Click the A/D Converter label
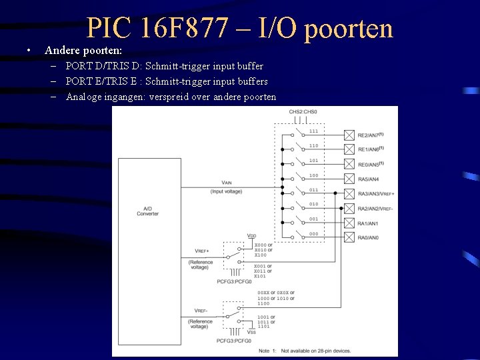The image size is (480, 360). (147, 211)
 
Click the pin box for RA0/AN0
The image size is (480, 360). (349, 237)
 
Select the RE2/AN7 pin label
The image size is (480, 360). (371, 135)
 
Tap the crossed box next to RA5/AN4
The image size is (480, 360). (349, 179)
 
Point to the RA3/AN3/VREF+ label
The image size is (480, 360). (376, 194)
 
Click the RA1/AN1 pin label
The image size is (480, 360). (367, 223)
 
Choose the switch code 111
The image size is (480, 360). (313, 131)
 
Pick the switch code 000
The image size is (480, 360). (313, 234)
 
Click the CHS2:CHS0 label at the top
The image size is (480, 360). (303, 112)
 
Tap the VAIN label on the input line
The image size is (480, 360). (227, 183)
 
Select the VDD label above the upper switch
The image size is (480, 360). (251, 236)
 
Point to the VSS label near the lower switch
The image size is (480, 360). (252, 331)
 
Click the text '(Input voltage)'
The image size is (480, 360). (227, 192)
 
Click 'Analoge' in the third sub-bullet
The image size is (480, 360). (85, 97)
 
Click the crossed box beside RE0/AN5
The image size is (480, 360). (349, 164)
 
